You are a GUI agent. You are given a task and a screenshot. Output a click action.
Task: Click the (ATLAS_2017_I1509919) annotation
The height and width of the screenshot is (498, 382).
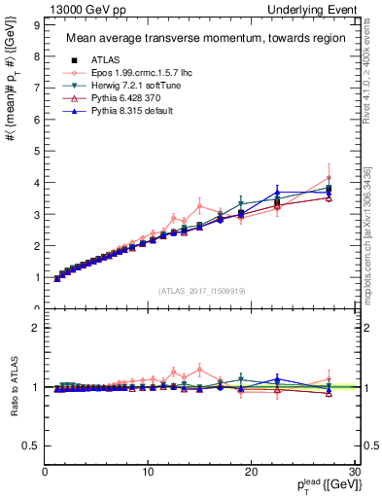[201, 289]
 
